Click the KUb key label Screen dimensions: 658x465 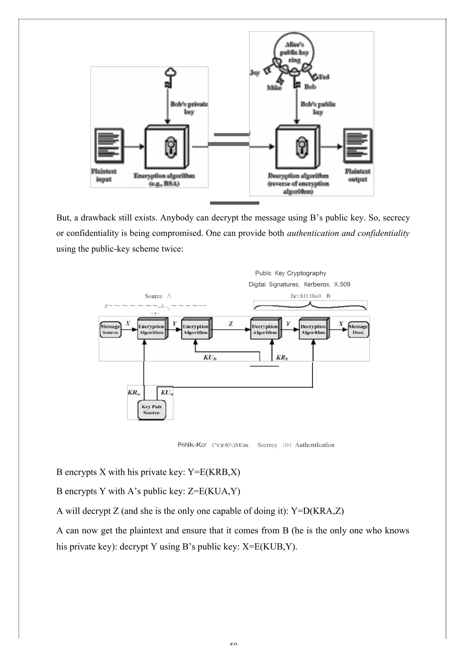(x=210, y=357)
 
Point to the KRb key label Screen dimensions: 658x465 (x=282, y=357)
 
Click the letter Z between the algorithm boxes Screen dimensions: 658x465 (x=230, y=324)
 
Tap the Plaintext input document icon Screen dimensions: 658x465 (x=109, y=146)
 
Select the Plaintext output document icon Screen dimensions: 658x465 (x=358, y=146)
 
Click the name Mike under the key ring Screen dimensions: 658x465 (x=274, y=88)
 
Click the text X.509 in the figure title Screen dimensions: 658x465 (x=342, y=284)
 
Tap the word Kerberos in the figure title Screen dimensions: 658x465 (x=317, y=284)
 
